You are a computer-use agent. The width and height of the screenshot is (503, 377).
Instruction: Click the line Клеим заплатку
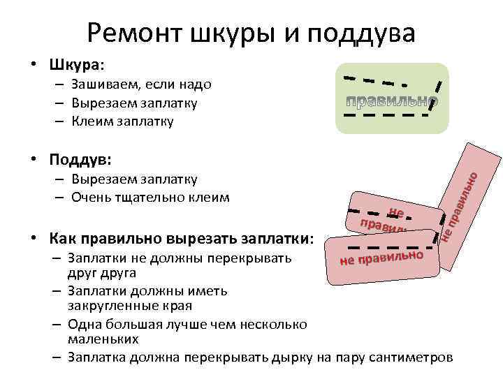(x=122, y=121)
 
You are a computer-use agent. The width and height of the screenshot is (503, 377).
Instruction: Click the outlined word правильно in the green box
(x=392, y=102)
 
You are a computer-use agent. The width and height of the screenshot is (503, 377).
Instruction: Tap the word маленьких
(x=103, y=339)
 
